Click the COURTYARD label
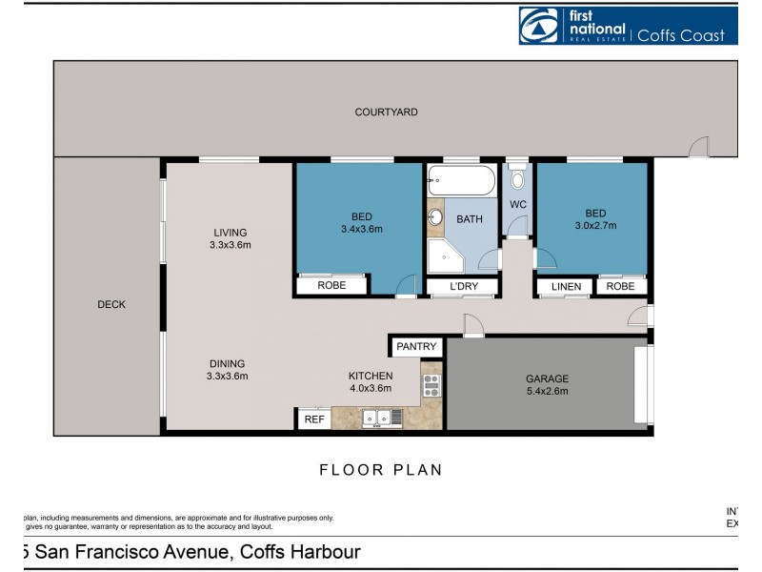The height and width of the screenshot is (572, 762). [x=386, y=112]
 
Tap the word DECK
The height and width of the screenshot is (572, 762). [x=111, y=305]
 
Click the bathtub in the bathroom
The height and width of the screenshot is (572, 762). [x=462, y=180]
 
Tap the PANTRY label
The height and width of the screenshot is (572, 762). [x=416, y=346]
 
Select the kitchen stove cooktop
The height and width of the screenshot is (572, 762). [x=431, y=386]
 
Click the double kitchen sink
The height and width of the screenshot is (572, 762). [x=381, y=418]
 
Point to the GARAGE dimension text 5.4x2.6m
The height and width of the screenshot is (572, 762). [x=548, y=392]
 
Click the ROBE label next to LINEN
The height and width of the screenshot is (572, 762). [x=620, y=287]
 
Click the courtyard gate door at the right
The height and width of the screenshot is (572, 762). [x=700, y=147]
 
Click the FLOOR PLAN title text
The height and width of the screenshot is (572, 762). [x=380, y=470]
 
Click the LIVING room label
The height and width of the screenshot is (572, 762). [x=230, y=232]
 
